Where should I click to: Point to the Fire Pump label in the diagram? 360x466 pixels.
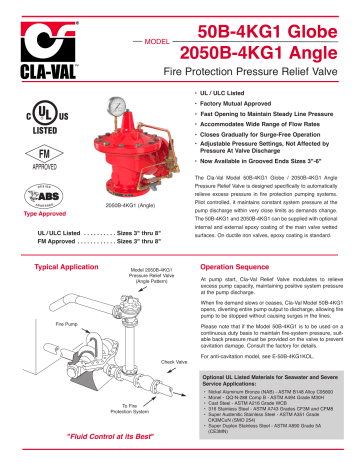pos(39,324)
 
